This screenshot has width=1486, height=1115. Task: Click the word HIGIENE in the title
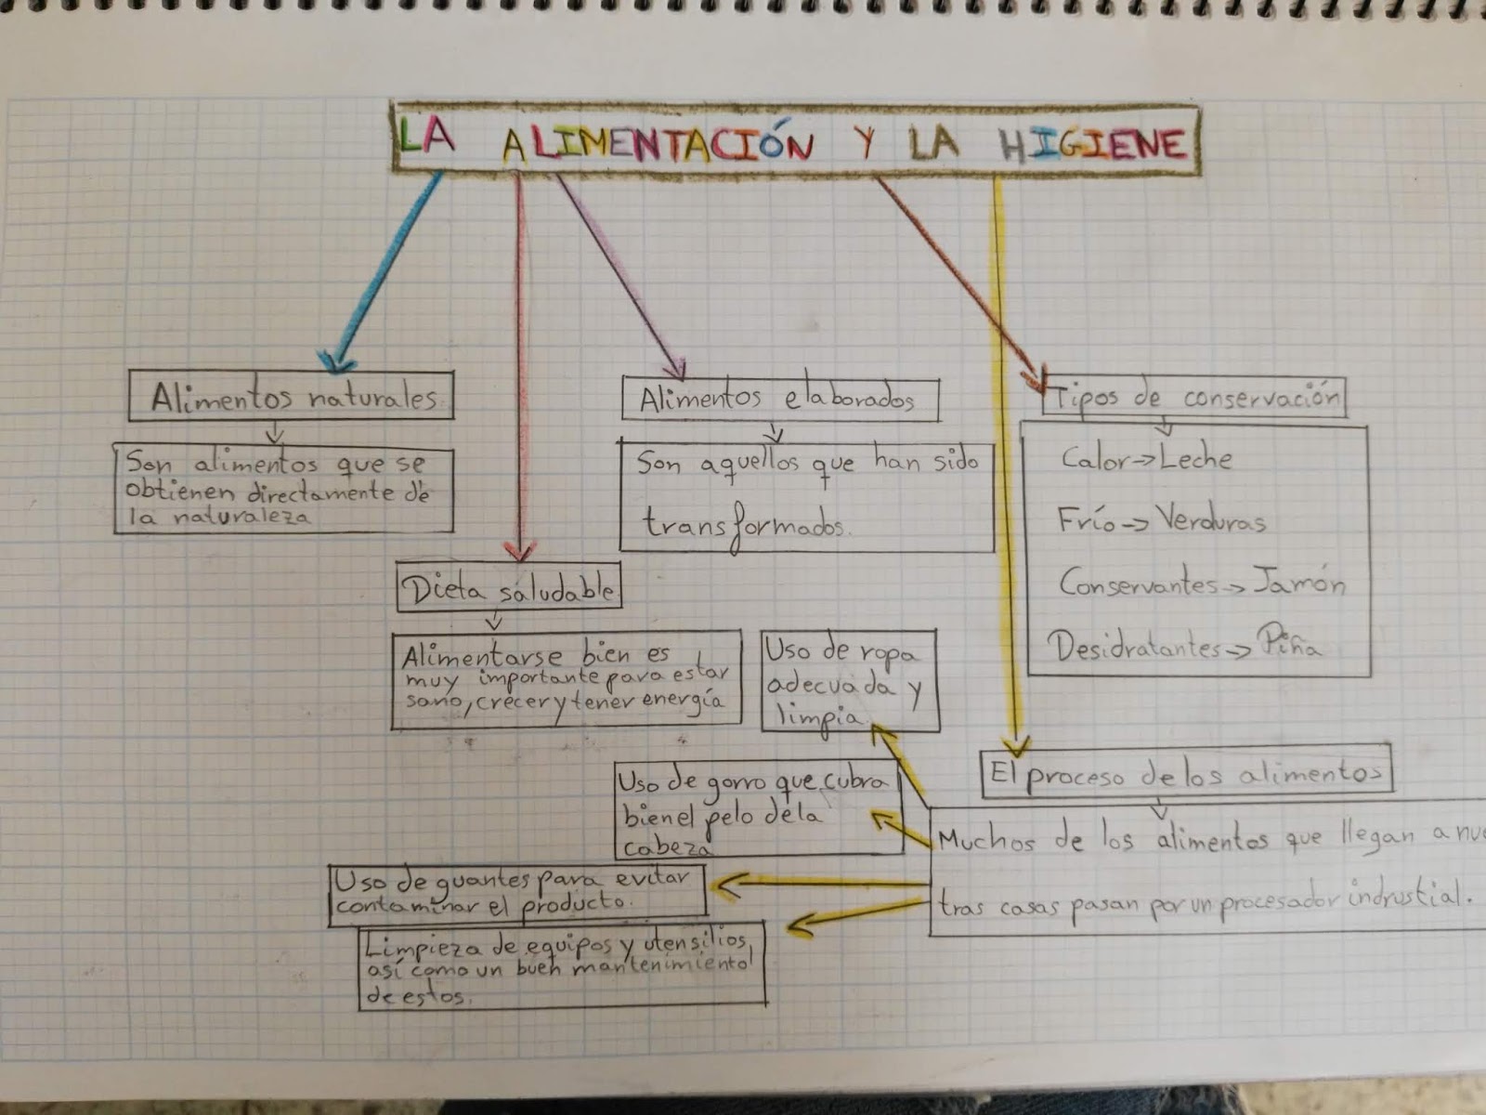pos(1093,144)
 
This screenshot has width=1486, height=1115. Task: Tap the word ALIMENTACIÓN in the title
pos(658,145)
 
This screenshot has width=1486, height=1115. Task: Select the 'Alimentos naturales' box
pos(291,397)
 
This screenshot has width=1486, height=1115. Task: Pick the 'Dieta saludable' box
pos(508,588)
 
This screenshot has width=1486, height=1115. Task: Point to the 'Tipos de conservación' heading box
pos(1193,398)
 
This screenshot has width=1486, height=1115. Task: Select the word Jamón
pos(1298,583)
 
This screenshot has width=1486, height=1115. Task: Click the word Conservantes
pos(1138,584)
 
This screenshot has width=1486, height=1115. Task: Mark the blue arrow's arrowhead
pos(334,361)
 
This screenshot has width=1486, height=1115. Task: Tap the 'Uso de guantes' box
pos(516,894)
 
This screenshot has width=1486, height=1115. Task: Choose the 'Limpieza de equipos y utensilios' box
pos(561,966)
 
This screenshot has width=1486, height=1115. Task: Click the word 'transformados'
pos(743,525)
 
